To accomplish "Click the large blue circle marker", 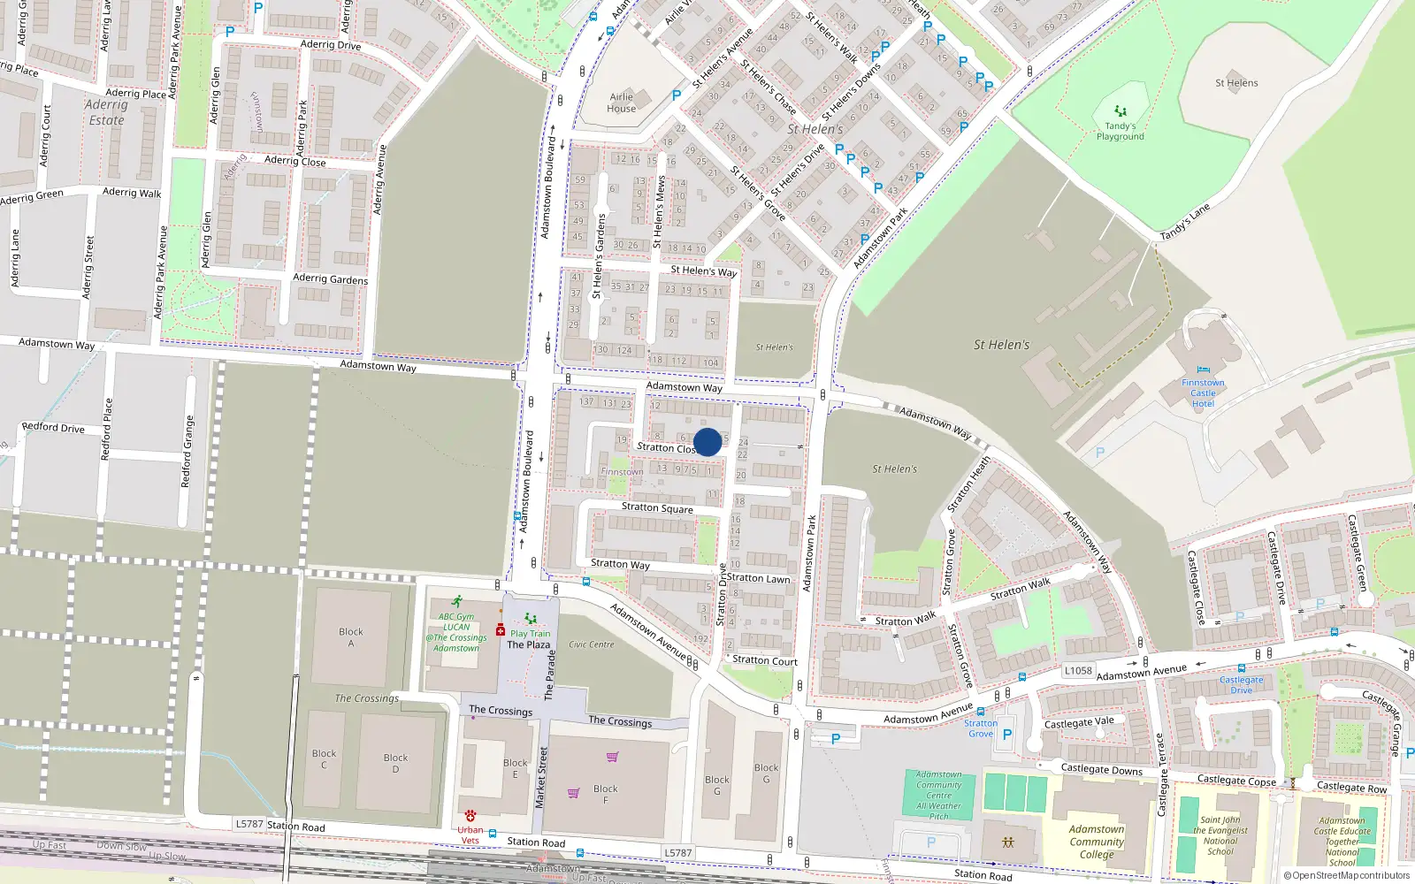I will [707, 442].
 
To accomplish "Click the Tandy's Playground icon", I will [1121, 111].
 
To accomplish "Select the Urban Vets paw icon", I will [470, 816].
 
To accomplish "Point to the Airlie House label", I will [621, 103].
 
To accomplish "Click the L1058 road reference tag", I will [1078, 671].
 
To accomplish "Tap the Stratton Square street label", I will [657, 507].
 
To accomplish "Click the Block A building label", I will [350, 637].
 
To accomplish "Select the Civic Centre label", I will [591, 644].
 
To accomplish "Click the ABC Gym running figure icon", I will [456, 602].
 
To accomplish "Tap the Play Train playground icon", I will [530, 619].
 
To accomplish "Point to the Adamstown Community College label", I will [1097, 842].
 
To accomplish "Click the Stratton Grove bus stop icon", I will [980, 712].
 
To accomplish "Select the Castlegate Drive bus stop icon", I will [1242, 669].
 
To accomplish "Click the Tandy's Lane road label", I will [1184, 222].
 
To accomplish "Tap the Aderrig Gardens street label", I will [330, 278].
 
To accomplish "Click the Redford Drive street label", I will [53, 427].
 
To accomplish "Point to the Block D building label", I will [395, 763].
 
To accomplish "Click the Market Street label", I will [541, 777].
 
